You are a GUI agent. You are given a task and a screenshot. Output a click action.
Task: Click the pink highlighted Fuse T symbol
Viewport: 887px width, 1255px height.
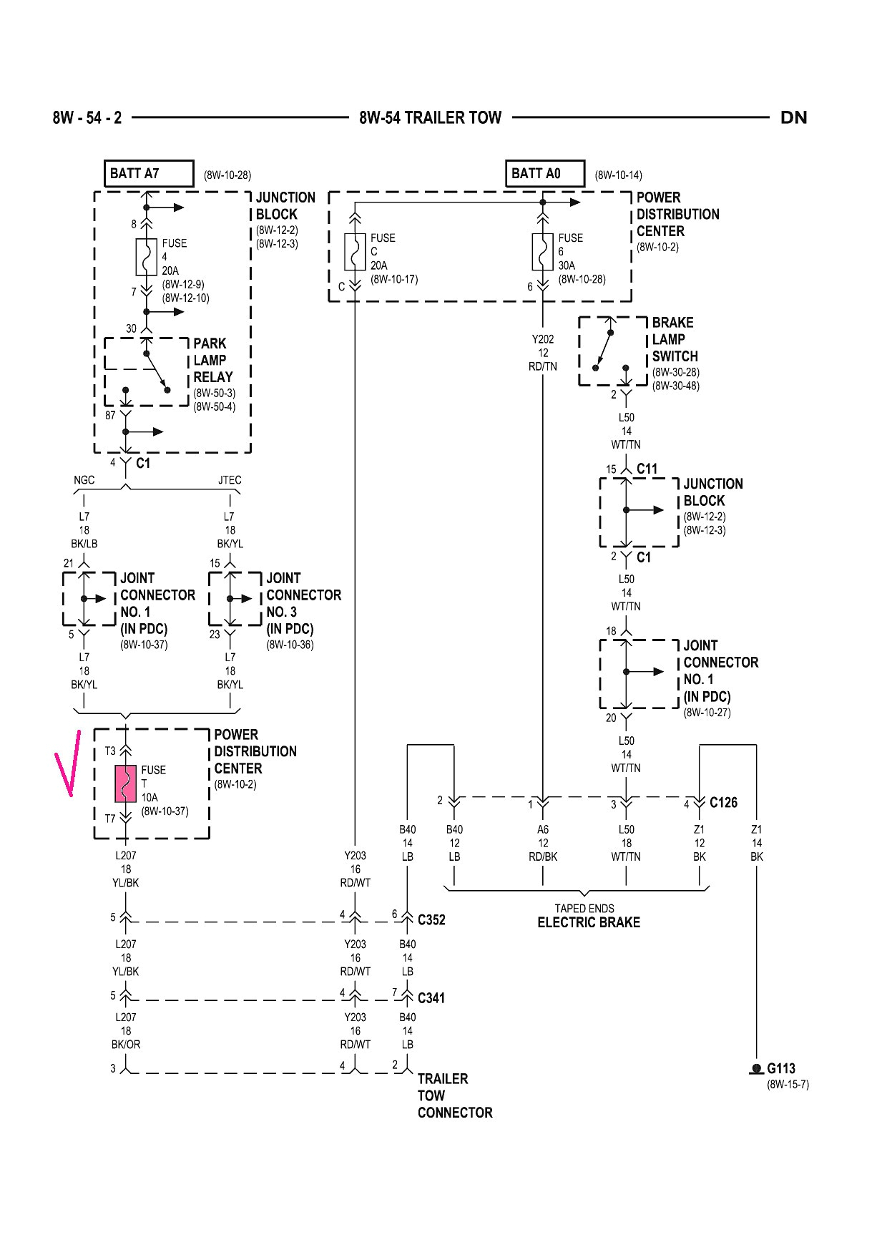coord(126,783)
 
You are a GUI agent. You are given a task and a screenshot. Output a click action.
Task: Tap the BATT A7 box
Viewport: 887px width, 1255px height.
coord(149,174)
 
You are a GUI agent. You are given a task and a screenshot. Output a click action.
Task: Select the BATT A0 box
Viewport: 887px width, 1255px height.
coord(545,174)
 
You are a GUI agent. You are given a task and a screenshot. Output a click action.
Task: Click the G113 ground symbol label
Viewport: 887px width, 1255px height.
coord(780,1069)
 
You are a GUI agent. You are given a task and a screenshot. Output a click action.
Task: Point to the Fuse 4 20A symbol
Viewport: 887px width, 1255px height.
coord(146,257)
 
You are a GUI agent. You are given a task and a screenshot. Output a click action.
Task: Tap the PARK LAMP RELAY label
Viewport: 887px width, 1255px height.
coord(213,361)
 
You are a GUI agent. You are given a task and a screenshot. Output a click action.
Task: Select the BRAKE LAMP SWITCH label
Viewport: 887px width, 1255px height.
coord(674,339)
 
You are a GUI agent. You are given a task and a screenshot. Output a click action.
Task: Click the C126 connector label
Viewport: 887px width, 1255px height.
coord(723,803)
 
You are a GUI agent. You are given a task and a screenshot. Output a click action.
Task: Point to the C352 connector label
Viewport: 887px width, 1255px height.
coord(431,920)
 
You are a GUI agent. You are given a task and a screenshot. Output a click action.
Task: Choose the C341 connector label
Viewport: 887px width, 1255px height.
coord(431,997)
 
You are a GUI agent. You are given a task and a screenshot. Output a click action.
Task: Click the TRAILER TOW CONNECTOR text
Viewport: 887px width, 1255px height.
coord(454,1095)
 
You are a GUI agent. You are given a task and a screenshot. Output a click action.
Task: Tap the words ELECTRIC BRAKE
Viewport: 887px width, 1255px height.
coord(589,923)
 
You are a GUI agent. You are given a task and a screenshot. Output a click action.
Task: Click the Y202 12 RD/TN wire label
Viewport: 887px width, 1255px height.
coord(543,353)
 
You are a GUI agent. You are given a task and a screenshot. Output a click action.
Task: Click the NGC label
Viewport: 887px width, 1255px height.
coord(84,480)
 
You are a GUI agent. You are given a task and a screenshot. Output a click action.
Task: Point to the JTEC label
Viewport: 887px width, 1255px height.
coord(230,480)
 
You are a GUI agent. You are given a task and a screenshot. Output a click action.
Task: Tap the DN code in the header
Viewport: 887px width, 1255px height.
coord(793,118)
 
